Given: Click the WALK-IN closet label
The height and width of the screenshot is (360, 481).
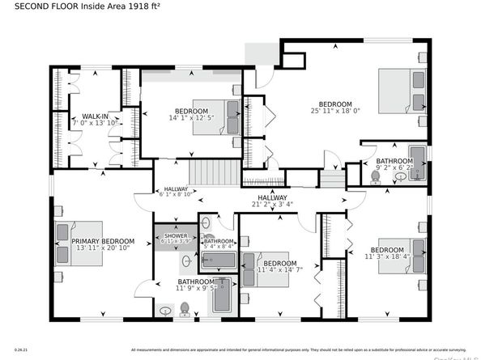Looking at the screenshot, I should coord(96,116).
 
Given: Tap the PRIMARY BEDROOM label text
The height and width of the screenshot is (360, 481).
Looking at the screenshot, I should coord(102,241).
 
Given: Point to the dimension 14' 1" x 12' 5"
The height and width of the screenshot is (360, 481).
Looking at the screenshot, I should coord(192,119).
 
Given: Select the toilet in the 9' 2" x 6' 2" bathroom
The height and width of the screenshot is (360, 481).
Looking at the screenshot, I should coord(376,175).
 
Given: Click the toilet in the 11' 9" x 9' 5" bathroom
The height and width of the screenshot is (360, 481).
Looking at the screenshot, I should coord(185,307).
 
